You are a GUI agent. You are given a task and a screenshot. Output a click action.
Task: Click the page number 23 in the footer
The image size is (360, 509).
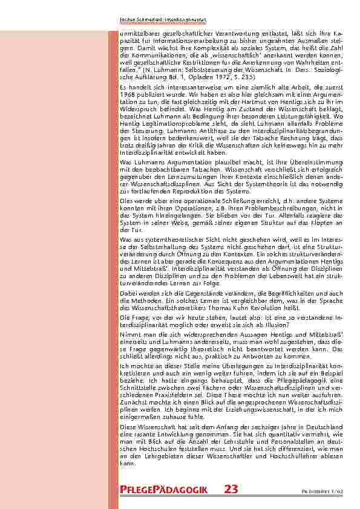231,490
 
